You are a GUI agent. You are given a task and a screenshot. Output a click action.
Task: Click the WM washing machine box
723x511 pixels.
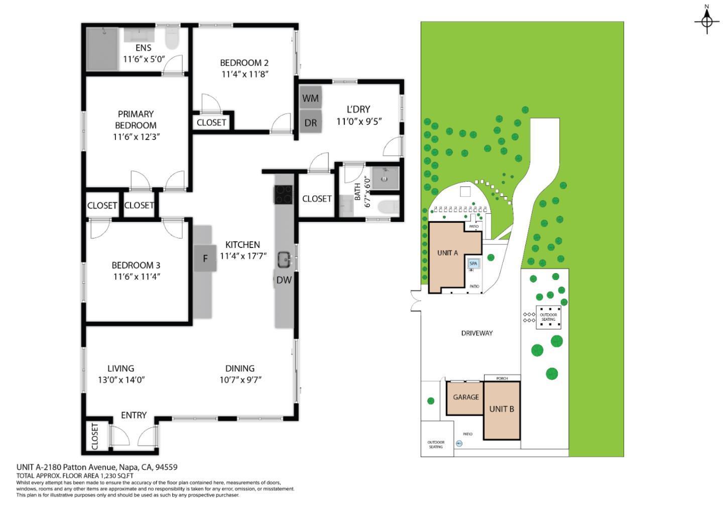click(311, 98)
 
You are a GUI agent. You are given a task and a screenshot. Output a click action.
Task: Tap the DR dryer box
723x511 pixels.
click(311, 122)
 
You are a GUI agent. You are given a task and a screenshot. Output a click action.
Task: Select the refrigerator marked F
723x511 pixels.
click(205, 259)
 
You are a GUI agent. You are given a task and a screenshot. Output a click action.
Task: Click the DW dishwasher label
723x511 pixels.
click(284, 280)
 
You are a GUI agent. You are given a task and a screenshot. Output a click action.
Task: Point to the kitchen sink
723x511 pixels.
click(284, 260)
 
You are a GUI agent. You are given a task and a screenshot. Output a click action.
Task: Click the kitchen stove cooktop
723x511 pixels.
click(283, 194)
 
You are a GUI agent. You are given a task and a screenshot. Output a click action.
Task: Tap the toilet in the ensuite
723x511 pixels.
click(172, 39)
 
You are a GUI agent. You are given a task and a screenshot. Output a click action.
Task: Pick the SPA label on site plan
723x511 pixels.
click(473, 263)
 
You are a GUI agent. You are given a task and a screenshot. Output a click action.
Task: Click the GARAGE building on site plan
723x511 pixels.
click(465, 397)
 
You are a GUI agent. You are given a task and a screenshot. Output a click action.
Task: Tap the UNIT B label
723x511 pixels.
click(502, 409)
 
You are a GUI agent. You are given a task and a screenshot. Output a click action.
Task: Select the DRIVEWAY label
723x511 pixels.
click(477, 333)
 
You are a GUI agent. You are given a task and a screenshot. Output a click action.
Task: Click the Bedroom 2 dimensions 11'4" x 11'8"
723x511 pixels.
click(245, 74)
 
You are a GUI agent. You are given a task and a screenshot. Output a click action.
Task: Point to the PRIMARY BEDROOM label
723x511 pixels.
click(136, 119)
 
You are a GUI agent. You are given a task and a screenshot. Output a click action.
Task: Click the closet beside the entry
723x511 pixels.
click(95, 436)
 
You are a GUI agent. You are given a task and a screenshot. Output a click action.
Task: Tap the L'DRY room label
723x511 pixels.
click(358, 109)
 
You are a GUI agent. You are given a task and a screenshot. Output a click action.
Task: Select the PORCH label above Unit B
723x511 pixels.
click(502, 378)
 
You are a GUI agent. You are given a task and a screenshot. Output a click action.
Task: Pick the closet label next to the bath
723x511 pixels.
click(316, 199)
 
